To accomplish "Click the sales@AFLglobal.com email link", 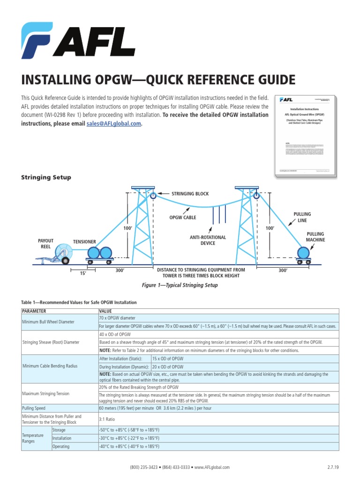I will (x=113, y=124).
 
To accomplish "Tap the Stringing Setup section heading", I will (x=46, y=177).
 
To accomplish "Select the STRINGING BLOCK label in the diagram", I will (x=190, y=194).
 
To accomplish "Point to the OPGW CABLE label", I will (x=182, y=217).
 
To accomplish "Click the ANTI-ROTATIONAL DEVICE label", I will (x=208, y=240).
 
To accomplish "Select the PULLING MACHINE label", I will (x=315, y=237).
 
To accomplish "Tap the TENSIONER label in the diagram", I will (x=84, y=242).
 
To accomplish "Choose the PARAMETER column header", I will (x=37, y=310).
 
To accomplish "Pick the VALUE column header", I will (x=105, y=310).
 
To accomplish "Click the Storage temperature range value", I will (x=135, y=430).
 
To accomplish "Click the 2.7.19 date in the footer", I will (x=333, y=467).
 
